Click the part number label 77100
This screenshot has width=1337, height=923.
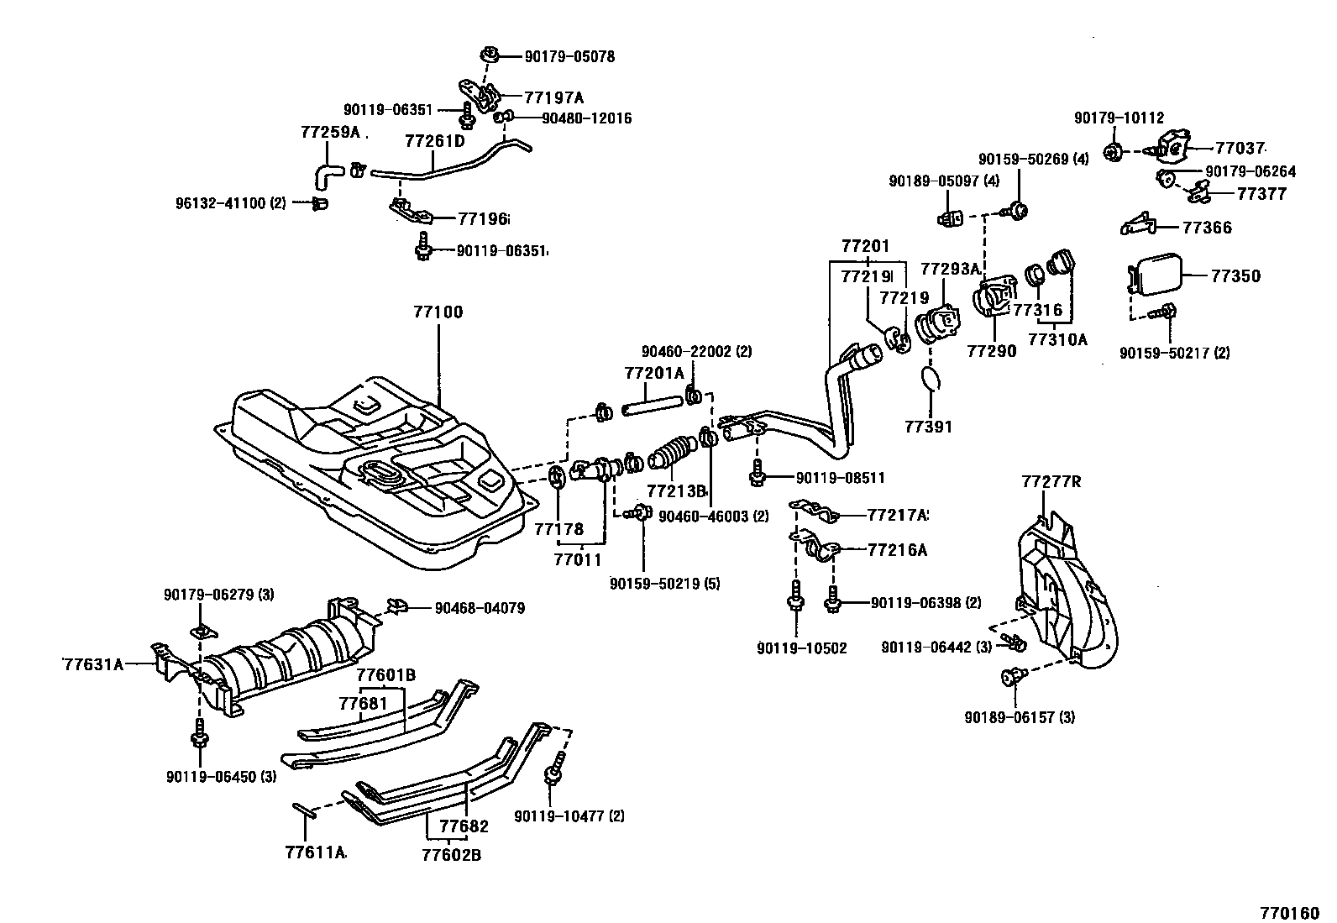438,312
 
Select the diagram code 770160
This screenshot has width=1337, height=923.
1288,912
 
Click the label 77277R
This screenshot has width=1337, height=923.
1051,481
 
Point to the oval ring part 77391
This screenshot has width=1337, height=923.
929,379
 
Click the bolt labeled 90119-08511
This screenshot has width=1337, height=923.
757,475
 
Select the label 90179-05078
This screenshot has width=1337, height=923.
569,56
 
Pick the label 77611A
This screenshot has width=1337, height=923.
315,852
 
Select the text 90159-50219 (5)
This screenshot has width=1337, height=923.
665,583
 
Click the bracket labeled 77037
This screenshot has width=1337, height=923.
1174,148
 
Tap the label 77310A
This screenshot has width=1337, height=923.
1057,339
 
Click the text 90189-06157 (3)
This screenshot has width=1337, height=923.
1020,716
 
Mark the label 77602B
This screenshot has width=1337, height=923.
451,855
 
